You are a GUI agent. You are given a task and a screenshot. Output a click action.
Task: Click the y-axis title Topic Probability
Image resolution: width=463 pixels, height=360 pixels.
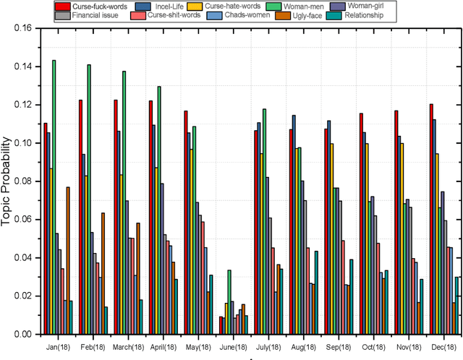(x=8, y=181)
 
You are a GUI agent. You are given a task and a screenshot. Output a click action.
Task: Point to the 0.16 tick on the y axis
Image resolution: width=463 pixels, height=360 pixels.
(x=22, y=29)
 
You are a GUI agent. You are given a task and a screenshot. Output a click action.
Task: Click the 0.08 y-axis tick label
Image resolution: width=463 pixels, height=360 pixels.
(x=22, y=181)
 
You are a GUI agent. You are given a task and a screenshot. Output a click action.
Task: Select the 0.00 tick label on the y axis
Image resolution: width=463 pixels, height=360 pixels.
(x=22, y=334)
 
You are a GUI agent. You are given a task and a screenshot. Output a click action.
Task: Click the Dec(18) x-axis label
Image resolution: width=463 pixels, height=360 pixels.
(x=443, y=346)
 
